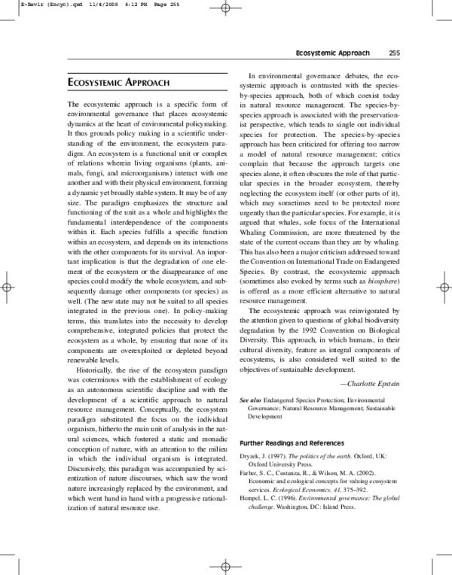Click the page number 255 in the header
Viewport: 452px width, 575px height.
pos(394,53)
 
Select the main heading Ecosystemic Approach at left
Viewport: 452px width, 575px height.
pos(118,82)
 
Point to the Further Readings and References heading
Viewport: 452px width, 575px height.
pos(292,443)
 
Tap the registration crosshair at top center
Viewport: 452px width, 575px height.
pos(225,8)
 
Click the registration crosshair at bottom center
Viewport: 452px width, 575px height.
pos(225,566)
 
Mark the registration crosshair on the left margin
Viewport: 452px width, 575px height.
pos(7,287)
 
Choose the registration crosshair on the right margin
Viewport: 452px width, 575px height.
pos(444,287)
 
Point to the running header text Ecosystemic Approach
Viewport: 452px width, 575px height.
pos(332,53)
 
